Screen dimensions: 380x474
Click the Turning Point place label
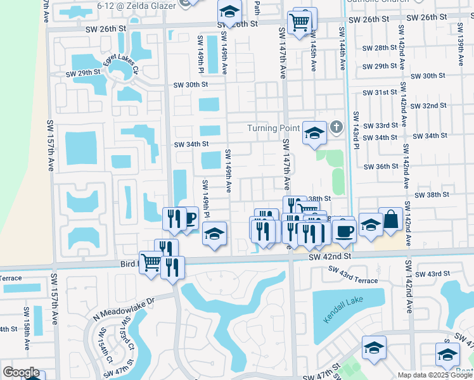click(x=272, y=129)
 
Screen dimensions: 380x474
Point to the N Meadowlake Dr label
click(x=124, y=308)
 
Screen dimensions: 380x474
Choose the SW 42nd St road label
click(x=330, y=257)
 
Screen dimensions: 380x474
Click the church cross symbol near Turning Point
click(x=336, y=128)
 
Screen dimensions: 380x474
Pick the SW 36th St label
click(x=380, y=167)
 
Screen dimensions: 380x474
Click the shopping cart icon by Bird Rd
click(x=151, y=261)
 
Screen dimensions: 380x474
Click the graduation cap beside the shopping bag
click(x=371, y=225)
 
